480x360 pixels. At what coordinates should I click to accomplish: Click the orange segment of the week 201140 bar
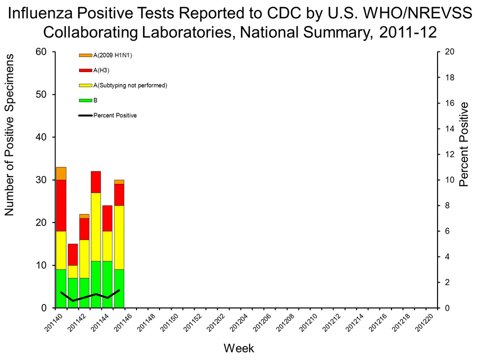[x=61, y=173]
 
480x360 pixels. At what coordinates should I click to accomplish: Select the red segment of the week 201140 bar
[x=61, y=205]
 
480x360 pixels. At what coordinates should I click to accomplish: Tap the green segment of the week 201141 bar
[x=72, y=292]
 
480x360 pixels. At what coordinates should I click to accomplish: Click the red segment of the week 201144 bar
[x=107, y=218]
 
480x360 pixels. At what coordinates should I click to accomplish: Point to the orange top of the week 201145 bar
[x=118, y=182]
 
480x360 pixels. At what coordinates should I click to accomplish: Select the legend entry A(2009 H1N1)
[x=112, y=55]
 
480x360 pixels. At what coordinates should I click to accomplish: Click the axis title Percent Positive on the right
[x=464, y=144]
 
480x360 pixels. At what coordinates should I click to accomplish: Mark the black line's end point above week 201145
[x=119, y=290]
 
